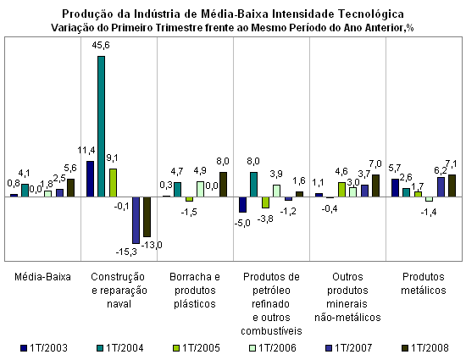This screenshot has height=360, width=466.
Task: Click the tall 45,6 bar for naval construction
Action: click(x=102, y=126)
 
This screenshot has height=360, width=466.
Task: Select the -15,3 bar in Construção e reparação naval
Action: click(x=136, y=220)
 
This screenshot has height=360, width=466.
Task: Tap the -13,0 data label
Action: click(x=152, y=245)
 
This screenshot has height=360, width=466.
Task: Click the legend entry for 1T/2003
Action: click(x=44, y=348)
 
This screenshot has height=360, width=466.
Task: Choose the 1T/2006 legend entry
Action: click(x=273, y=348)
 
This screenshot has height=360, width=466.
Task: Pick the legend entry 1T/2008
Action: click(x=425, y=348)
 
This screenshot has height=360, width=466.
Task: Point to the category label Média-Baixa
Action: click(x=43, y=277)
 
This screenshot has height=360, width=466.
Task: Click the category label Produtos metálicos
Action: click(x=424, y=284)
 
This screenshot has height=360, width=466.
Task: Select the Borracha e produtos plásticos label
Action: click(x=195, y=291)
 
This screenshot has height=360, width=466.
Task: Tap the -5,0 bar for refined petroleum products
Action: click(x=243, y=204)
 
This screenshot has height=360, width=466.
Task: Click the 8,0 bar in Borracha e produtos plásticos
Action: click(x=223, y=185)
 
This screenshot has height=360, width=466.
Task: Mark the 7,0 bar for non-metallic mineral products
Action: click(x=375, y=186)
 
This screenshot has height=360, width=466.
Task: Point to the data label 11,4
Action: click(x=86, y=150)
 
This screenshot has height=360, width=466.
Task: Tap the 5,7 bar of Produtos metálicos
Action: click(x=396, y=188)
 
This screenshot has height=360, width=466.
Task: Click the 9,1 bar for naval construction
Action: click(x=113, y=183)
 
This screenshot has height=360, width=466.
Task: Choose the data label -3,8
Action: click(x=265, y=219)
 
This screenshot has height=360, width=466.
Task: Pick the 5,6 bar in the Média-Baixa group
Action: click(x=70, y=188)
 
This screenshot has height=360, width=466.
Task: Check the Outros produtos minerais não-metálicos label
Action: click(x=347, y=297)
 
